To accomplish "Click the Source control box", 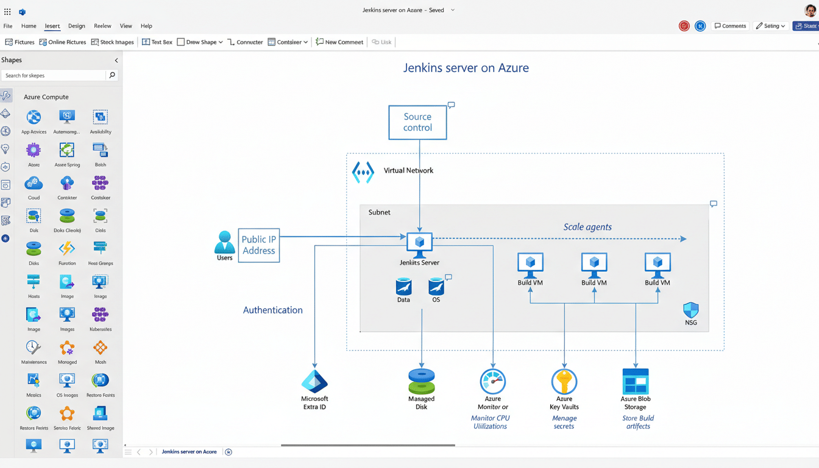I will click(417, 122).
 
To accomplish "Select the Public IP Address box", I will click(258, 245).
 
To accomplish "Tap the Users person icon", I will click(225, 242).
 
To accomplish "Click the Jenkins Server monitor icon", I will click(419, 243).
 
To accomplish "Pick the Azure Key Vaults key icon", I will click(564, 381).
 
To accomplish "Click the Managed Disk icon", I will click(421, 381).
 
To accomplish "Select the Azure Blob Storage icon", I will click(635, 381).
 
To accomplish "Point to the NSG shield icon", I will click(690, 310).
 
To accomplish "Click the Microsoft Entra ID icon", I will click(314, 381).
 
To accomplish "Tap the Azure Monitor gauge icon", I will click(492, 381).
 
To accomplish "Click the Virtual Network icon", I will click(363, 172).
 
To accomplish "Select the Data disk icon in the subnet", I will click(403, 286).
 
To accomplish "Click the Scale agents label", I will click(587, 227).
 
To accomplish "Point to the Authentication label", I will click(272, 310).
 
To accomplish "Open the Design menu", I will click(77, 26).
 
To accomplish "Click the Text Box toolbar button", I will click(157, 42).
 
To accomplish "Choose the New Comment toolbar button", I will click(339, 42).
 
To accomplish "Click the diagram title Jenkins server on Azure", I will click(466, 68).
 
